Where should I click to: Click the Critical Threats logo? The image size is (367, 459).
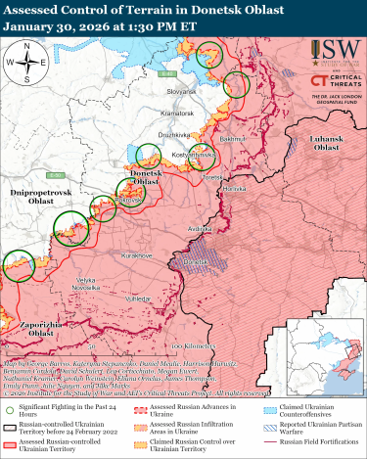pos(331,84)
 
